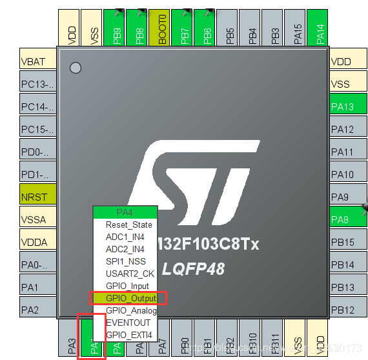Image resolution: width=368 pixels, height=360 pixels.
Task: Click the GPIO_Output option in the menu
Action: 130,298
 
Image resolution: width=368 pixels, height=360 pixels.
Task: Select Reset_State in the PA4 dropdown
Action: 128,225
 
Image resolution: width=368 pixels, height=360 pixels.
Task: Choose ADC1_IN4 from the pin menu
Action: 125,237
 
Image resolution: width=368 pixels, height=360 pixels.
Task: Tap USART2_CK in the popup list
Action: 130,274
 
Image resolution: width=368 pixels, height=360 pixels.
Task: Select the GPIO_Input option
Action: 127,286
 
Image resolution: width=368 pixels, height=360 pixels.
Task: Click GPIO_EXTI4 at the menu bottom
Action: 129,335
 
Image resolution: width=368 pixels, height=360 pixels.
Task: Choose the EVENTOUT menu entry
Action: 128,323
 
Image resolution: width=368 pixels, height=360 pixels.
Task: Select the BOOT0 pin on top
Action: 161,28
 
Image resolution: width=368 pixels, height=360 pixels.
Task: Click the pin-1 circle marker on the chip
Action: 76,67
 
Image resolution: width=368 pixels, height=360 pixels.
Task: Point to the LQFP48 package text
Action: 194,268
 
